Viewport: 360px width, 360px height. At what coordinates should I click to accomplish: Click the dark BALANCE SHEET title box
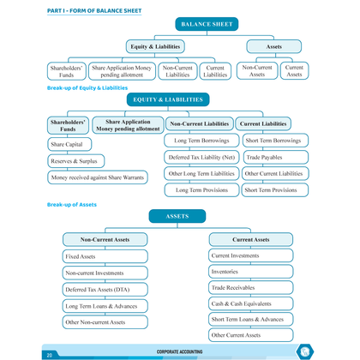[207, 24]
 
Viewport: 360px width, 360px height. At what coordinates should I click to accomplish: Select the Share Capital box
[69, 144]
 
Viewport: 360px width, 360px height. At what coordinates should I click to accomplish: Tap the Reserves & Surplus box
[76, 161]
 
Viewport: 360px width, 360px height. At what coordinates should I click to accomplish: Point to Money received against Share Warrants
[98, 177]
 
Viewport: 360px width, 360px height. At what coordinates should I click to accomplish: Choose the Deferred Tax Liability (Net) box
[201, 157]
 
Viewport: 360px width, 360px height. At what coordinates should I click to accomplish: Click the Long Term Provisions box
[201, 190]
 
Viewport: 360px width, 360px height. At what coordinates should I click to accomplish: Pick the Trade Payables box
[275, 157]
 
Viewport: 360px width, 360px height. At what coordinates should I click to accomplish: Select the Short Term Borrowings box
[275, 141]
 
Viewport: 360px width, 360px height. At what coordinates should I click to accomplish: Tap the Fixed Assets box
[105, 256]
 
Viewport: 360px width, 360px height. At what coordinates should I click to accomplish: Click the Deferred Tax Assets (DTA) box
[105, 290]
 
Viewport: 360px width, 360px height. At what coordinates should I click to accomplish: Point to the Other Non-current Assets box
[105, 322]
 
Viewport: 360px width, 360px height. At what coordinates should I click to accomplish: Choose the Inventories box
[251, 272]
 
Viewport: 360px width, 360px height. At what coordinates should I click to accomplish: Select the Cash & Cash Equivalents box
[251, 303]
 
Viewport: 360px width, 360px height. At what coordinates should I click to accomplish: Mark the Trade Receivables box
[251, 287]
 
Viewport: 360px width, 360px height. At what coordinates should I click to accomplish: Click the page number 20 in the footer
[50, 355]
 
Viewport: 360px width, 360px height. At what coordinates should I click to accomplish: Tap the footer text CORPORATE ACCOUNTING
[179, 351]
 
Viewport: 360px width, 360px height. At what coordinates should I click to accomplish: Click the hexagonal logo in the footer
[304, 351]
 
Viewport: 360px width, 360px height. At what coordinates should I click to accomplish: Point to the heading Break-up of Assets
[72, 205]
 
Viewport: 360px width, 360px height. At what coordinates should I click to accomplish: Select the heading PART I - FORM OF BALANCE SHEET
[94, 11]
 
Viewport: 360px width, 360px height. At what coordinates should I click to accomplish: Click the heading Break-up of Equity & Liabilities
[87, 87]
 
